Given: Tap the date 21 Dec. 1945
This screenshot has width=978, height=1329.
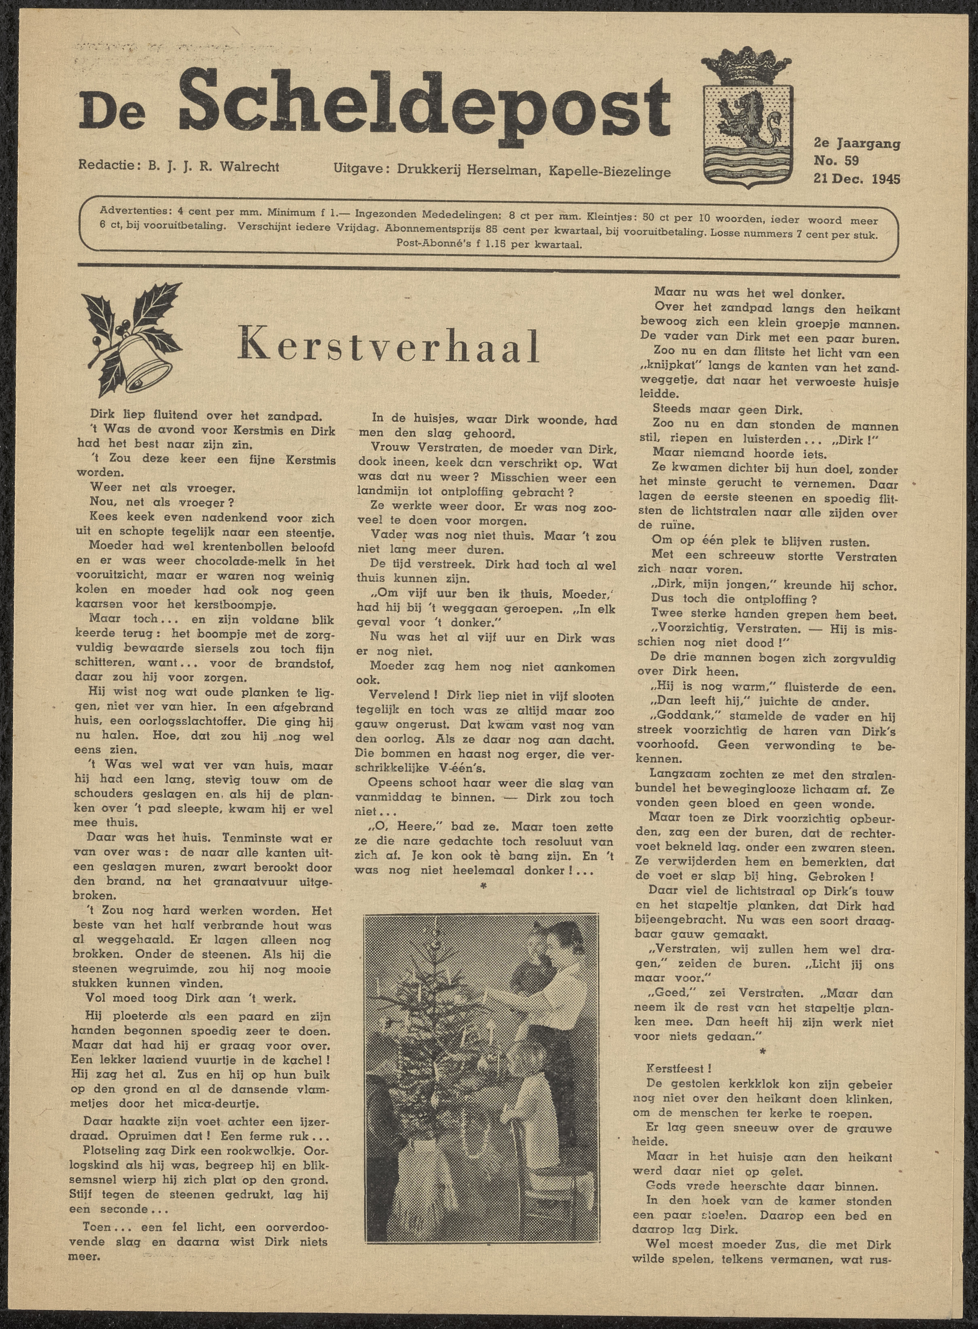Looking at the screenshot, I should tap(857, 178).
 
